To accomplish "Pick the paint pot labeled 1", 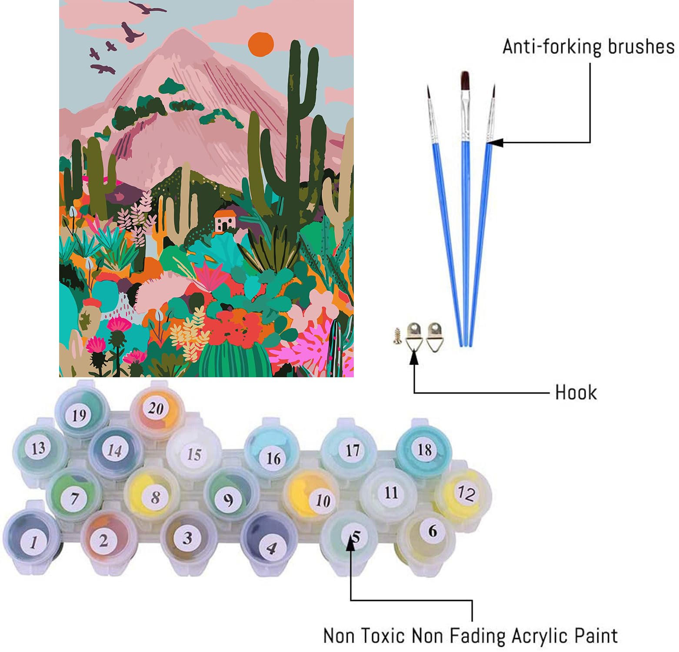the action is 32,538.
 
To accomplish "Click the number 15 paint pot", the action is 193,453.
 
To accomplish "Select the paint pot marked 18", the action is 424,449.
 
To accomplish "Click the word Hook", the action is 576,393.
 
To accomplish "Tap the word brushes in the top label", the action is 641,47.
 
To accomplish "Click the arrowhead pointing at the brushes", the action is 495,142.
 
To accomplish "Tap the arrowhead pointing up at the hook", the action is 414,356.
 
